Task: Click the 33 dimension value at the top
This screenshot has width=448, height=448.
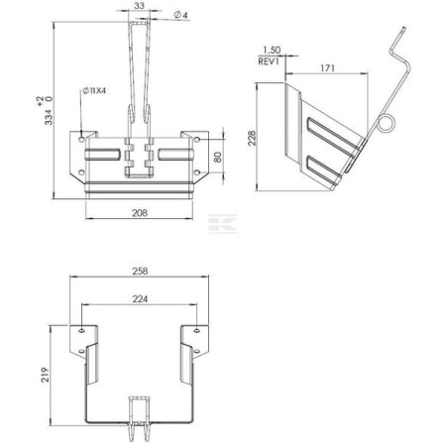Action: pos(140,6)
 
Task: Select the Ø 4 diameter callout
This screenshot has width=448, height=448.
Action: pos(180,15)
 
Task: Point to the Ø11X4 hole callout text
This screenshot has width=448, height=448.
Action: pos(94,90)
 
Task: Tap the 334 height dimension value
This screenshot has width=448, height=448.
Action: pos(49,117)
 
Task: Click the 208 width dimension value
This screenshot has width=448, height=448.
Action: pos(140,213)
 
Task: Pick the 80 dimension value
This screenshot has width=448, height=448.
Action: pos(218,158)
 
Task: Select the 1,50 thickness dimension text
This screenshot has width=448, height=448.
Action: pos(272,51)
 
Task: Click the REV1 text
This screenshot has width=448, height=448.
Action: pos(269,61)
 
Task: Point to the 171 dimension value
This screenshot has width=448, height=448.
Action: pos(327,68)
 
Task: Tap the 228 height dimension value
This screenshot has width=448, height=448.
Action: pos(252,138)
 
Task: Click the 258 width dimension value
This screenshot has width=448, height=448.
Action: pos(140,271)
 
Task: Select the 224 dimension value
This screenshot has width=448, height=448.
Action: pos(140,299)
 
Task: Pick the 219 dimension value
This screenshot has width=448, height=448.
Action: pos(45,375)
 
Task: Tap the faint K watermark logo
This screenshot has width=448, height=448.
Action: pos(223,224)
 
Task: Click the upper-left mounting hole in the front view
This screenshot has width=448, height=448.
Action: pos(81,140)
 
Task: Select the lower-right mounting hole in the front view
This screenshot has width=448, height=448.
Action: pos(196,172)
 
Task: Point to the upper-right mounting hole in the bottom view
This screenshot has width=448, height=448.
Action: pos(196,330)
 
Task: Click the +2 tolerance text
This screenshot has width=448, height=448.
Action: pos(41,101)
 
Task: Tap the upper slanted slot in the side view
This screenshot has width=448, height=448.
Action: pos(333,135)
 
